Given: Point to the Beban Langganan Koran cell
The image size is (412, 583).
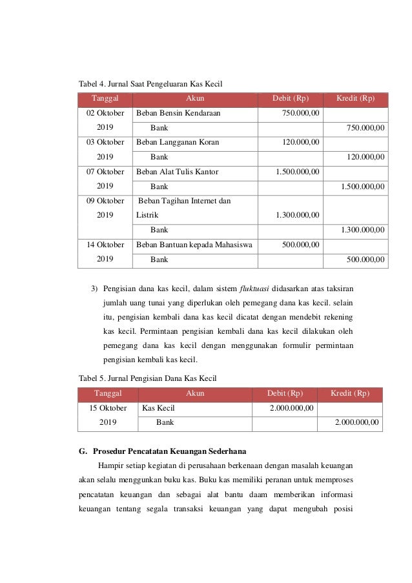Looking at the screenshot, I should click(178, 142).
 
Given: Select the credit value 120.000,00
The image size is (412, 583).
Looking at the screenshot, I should click(365, 156).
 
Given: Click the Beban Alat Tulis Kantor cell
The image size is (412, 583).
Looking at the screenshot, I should click(178, 172).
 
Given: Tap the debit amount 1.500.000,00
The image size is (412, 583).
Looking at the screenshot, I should click(297, 172).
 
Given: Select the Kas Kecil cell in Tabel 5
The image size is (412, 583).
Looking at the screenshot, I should click(158, 408).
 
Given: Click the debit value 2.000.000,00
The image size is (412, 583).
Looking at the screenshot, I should click(292, 408).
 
